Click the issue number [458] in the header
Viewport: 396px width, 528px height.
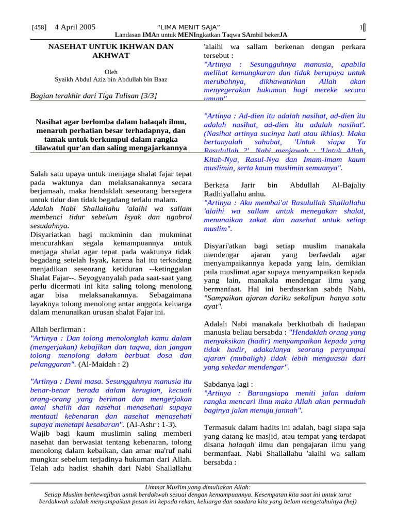point(40,27)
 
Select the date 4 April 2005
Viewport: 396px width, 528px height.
point(75,27)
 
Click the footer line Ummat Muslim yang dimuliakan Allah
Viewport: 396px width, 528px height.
point(197,487)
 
